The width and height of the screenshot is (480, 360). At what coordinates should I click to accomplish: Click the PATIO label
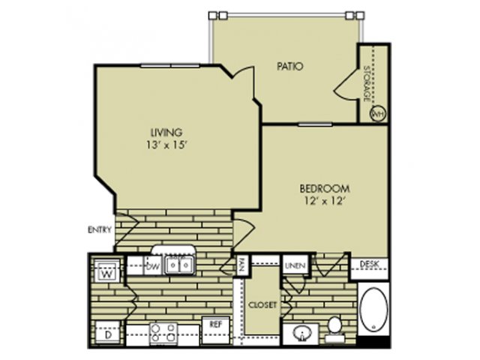290,67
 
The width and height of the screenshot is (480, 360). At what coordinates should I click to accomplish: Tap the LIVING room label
166,133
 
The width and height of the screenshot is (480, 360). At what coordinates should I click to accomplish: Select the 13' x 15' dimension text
166,145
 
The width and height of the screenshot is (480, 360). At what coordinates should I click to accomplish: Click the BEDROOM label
325,188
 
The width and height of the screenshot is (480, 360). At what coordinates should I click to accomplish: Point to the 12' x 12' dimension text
325,201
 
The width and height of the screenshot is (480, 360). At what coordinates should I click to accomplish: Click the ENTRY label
100,229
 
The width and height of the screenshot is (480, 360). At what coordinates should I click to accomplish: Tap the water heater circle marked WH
378,113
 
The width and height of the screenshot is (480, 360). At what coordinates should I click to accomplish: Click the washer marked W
106,270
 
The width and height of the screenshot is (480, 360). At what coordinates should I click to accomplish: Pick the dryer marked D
107,333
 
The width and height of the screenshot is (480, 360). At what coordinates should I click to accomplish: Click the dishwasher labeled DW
153,265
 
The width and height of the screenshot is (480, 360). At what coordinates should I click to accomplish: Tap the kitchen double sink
179,265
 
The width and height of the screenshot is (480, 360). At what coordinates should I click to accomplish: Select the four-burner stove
163,333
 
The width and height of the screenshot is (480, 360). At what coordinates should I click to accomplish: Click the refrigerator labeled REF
215,331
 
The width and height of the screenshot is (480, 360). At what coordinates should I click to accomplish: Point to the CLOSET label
262,305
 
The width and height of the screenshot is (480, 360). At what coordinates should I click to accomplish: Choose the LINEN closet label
295,265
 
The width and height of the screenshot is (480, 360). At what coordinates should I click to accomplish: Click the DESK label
369,264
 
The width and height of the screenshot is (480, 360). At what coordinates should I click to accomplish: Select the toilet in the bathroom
334,328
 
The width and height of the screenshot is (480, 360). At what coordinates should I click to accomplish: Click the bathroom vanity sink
301,333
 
